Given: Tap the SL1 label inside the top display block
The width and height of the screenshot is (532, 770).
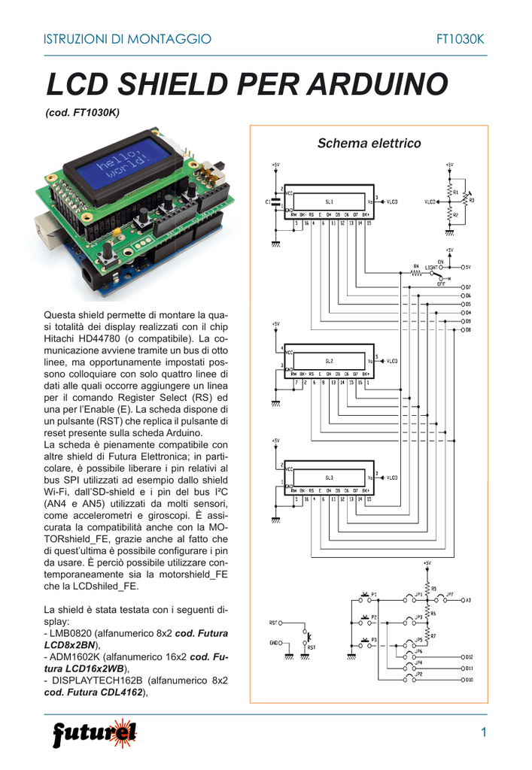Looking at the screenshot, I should (329, 202).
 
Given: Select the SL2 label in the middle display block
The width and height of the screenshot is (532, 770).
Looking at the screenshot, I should (329, 361).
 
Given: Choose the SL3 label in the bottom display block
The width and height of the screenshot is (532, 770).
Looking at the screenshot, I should (329, 477).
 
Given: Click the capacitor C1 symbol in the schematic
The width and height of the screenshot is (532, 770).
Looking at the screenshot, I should (277, 201).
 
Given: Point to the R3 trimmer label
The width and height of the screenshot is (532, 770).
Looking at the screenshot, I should (472, 200).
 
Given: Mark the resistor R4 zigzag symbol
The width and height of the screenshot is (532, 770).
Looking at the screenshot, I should (415, 273).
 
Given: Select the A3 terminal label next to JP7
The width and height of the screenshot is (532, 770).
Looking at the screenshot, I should (467, 600).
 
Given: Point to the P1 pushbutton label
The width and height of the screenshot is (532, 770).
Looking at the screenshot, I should (373, 593).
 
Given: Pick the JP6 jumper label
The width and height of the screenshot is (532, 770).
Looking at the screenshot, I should (418, 651).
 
